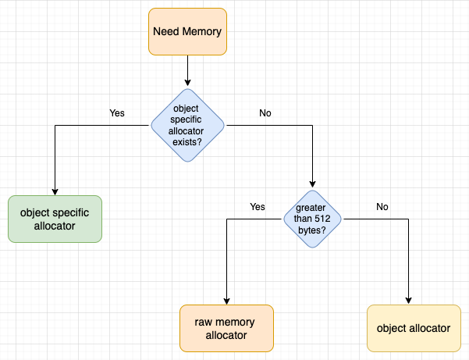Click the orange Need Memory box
(x=187, y=32)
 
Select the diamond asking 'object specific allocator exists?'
(x=187, y=124)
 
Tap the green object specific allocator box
(x=55, y=219)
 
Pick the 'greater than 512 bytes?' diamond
(x=312, y=219)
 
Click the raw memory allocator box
(x=226, y=327)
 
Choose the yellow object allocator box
(x=413, y=328)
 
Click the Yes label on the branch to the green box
(x=117, y=113)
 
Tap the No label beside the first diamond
(x=265, y=113)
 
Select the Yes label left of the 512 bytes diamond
(x=258, y=207)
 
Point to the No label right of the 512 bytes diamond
(x=382, y=207)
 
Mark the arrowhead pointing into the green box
(x=55, y=191)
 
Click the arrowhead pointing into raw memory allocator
(x=226, y=301)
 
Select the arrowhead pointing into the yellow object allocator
(x=409, y=301)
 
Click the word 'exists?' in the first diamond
(x=187, y=143)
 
